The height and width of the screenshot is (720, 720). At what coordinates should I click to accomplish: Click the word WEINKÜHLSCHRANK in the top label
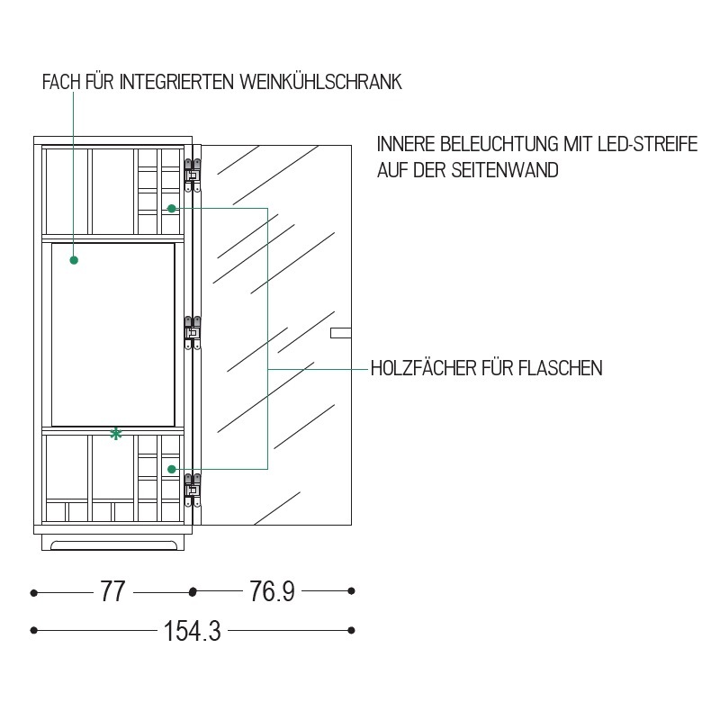tap(320, 82)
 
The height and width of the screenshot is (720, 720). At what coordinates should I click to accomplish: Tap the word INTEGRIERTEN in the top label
tap(176, 82)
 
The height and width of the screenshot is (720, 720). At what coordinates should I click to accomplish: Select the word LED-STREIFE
tap(647, 144)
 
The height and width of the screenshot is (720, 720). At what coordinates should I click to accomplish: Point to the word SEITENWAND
tap(505, 170)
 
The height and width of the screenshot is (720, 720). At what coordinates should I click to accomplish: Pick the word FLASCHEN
tap(561, 368)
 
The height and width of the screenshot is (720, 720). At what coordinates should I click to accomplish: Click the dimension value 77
tap(112, 592)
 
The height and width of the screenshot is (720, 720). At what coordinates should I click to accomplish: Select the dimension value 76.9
tap(272, 591)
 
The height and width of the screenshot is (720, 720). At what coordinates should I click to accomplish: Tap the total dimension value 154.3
tap(193, 631)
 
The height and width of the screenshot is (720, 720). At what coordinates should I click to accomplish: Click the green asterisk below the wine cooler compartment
tap(116, 434)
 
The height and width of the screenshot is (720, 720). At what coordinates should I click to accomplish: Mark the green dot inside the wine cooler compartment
tap(74, 260)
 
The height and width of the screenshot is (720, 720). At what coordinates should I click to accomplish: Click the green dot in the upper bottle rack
tap(172, 209)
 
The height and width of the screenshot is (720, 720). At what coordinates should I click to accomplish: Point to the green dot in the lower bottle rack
tap(172, 469)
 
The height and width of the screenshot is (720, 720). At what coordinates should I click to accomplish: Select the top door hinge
tap(193, 175)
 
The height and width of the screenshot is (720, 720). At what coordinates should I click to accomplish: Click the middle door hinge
tap(193, 333)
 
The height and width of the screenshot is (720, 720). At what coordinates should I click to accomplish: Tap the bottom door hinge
tap(193, 490)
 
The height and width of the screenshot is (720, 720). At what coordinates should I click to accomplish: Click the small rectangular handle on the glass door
tap(341, 333)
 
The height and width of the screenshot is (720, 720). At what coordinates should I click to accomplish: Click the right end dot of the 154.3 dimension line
tap(351, 631)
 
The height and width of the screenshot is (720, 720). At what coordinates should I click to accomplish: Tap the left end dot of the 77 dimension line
tap(33, 593)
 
